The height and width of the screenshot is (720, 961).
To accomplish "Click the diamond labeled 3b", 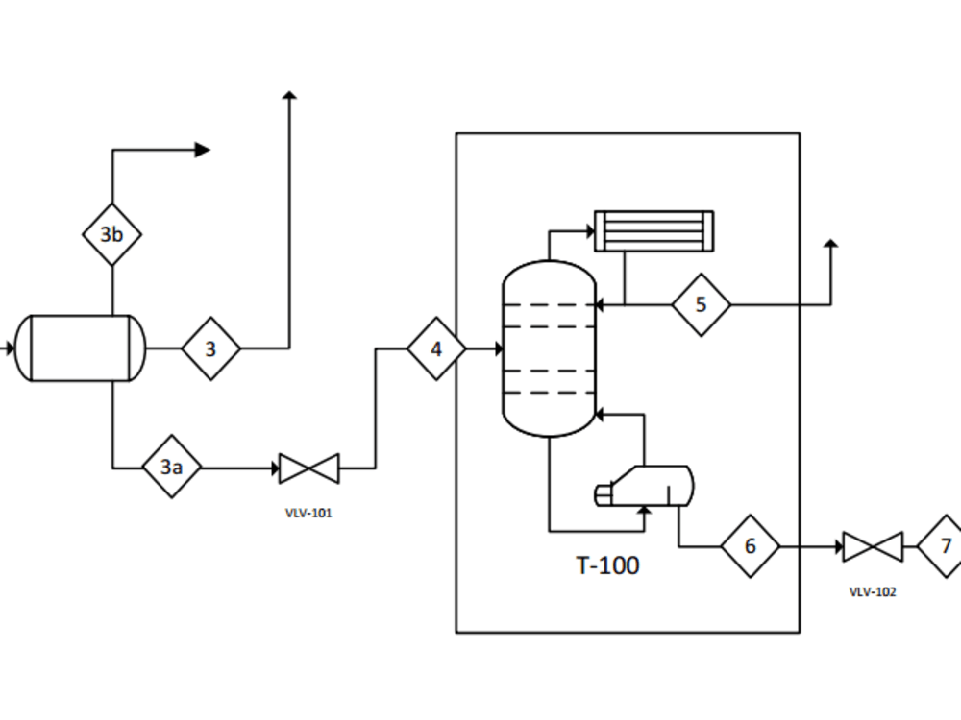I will point(111,234).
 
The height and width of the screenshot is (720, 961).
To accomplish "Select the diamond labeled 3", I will point(210,348).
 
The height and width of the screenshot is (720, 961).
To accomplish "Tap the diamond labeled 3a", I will point(172,468).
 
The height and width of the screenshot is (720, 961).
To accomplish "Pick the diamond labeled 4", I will point(436,349).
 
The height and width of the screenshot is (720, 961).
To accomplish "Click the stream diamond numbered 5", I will point(701,305).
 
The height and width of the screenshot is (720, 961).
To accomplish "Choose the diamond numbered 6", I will point(751,546).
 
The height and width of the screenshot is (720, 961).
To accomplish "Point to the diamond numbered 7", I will point(944,546).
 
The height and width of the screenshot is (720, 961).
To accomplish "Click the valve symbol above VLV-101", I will point(309,468).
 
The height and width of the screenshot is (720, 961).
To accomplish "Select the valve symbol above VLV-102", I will point(873,546).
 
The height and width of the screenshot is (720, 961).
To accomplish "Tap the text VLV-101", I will point(308,514).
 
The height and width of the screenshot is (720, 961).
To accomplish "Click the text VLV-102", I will point(873,592).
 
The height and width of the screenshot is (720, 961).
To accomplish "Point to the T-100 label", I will point(607,565).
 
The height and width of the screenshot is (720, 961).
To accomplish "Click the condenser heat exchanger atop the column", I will point(653,230).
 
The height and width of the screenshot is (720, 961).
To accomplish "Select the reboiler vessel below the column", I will point(645,485).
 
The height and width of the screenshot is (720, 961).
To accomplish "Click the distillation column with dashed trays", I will point(549,349).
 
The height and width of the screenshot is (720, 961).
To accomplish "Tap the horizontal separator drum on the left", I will point(81,348).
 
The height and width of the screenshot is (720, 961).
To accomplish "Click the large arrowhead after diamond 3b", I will point(202,150).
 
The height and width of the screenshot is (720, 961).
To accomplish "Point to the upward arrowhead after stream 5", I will point(831,245).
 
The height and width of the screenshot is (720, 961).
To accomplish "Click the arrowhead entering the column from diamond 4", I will point(497,349).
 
